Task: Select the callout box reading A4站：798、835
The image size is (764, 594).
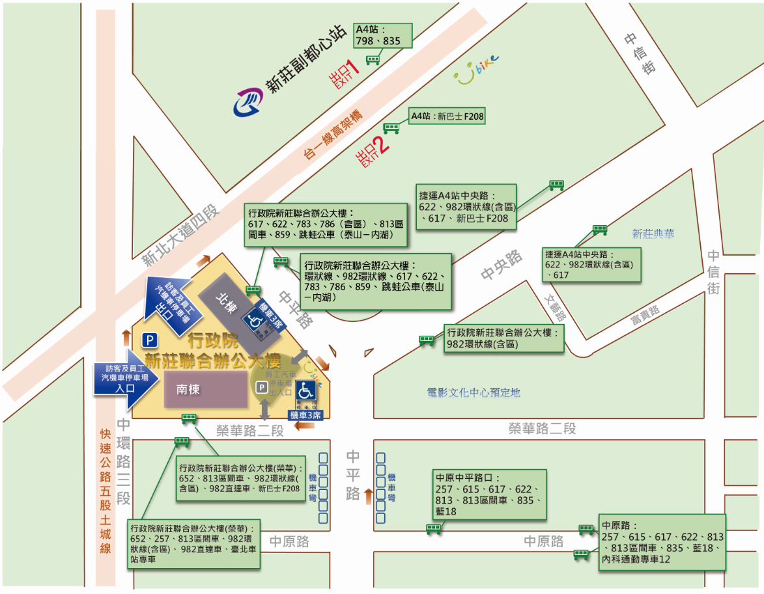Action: coord(383,36)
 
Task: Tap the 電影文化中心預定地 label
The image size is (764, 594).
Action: coord(474,392)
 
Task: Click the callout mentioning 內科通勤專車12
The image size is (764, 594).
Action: coord(662,542)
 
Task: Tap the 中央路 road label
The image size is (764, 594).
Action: coord(502,266)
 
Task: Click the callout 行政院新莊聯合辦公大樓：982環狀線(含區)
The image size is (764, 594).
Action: coord(503,338)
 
